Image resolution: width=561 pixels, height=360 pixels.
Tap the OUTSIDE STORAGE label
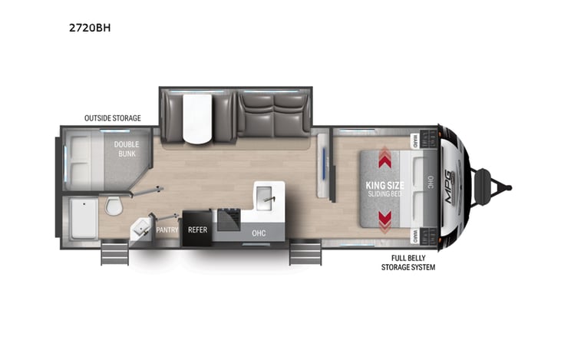(112, 118)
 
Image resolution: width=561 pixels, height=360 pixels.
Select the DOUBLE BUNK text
(126, 149)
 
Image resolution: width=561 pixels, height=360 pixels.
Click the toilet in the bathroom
(113, 206)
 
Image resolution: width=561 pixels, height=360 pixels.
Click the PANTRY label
(167, 230)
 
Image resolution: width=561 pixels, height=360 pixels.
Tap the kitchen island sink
(268, 197)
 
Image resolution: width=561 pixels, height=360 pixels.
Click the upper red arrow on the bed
(385, 157)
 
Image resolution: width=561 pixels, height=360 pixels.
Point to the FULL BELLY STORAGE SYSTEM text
(408, 263)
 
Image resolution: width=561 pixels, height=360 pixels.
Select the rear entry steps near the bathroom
(114, 251)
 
